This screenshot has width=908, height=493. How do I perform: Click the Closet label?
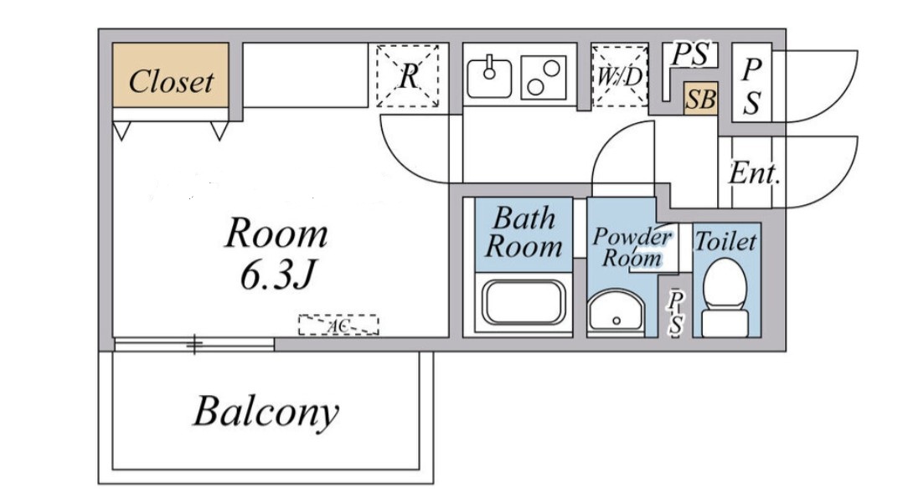[x=172, y=81]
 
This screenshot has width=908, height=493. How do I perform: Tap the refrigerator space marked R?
[x=408, y=76]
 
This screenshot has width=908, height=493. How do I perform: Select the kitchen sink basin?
[x=489, y=77]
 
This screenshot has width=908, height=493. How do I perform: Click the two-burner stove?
[x=543, y=78]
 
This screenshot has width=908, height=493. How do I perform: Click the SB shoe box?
[x=701, y=99]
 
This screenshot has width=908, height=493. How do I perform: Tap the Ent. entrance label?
[x=754, y=172]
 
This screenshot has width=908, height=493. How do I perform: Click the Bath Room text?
[x=524, y=233]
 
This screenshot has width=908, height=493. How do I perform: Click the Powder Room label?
[x=632, y=247]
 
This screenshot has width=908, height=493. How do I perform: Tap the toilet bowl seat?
[x=725, y=283]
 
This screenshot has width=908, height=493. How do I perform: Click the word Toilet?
[x=725, y=241]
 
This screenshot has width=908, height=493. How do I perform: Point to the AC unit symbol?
[x=338, y=326]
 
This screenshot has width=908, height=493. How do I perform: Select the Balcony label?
[x=266, y=412]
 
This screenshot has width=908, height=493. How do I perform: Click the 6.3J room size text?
[x=277, y=275]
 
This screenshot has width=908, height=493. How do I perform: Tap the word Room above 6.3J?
[x=276, y=234]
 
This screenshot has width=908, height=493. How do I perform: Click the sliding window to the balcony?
[x=194, y=345]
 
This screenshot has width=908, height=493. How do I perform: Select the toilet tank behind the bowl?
[x=725, y=323]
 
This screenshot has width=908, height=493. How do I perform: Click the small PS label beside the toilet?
[x=675, y=313]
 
